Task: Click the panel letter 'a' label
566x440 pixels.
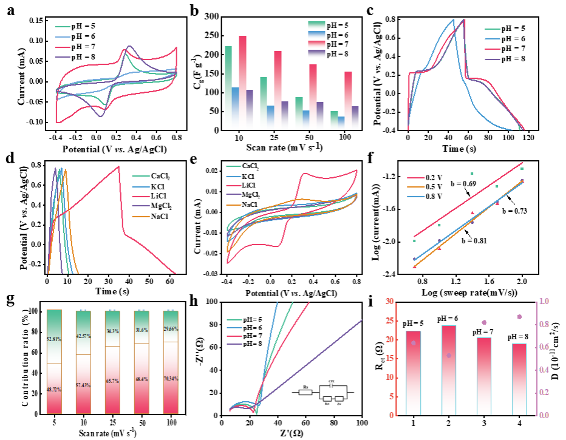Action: (11, 10)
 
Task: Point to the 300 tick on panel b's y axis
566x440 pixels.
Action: (210, 17)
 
